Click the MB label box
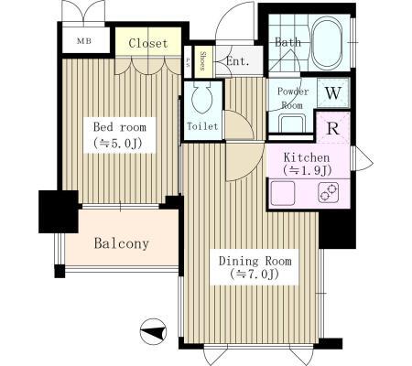click(x=82, y=42)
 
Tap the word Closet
click(x=146, y=43)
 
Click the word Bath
click(x=287, y=42)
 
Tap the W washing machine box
click(x=332, y=91)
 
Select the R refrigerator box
click(x=333, y=126)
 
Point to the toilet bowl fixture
click(x=201, y=98)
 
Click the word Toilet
click(x=201, y=125)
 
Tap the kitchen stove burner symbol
click(x=328, y=193)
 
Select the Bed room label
click(x=119, y=127)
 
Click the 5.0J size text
click(x=119, y=143)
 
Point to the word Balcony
click(x=121, y=244)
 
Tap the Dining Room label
click(x=247, y=260)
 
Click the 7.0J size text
click(x=247, y=275)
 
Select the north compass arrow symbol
click(x=155, y=331)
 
